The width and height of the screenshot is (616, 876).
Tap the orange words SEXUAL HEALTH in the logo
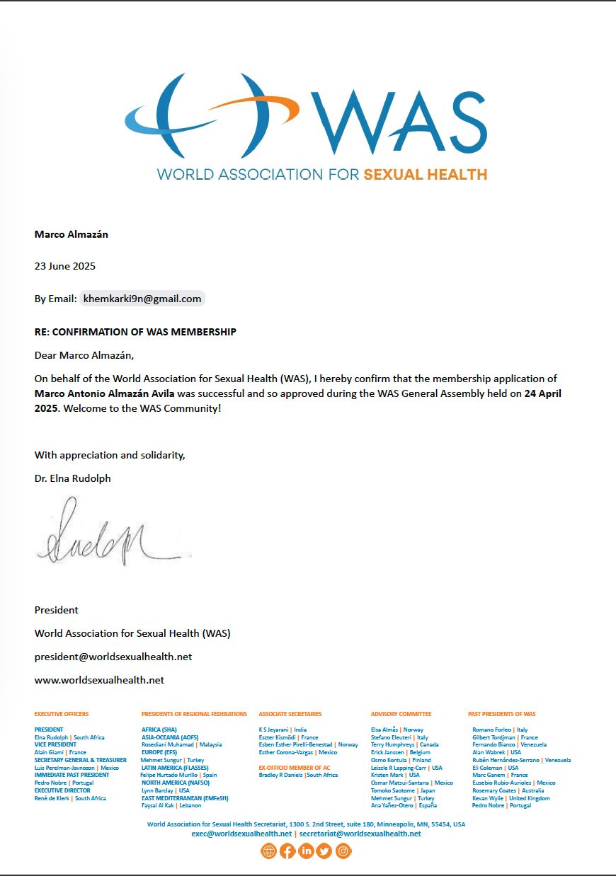click(x=425, y=174)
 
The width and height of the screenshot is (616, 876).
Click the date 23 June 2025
click(x=65, y=266)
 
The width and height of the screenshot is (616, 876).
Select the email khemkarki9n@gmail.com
click(x=142, y=299)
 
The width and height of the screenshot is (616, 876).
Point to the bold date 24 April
click(x=543, y=393)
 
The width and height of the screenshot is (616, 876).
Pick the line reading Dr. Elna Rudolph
click(x=73, y=478)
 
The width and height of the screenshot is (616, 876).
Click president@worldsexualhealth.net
click(x=113, y=657)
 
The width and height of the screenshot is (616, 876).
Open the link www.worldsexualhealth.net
click(x=99, y=680)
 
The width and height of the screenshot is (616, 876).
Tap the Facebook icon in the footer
click(x=287, y=851)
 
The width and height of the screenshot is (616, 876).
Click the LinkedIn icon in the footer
click(x=306, y=851)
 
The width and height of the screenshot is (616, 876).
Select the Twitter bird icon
click(x=324, y=851)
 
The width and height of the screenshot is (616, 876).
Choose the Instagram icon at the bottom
click(x=343, y=851)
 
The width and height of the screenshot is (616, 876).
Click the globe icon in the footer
click(x=268, y=851)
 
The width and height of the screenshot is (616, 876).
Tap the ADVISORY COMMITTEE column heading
click(x=401, y=714)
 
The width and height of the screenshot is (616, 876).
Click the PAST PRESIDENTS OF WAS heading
click(x=501, y=714)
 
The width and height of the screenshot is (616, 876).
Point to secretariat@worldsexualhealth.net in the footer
click(x=360, y=834)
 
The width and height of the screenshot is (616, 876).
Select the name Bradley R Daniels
click(x=281, y=775)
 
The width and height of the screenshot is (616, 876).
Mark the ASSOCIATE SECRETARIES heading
click(x=290, y=714)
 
